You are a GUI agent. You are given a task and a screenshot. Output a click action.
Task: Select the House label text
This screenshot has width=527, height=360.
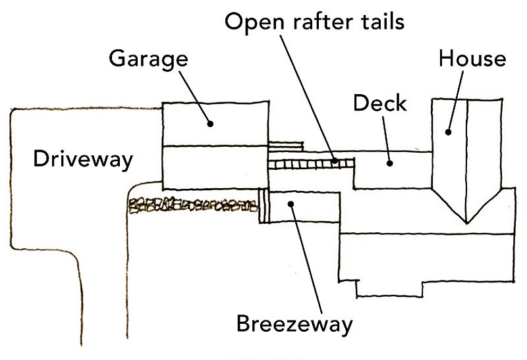pyautogui.click(x=472, y=59)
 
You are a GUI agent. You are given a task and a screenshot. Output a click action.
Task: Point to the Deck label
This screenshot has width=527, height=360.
pyautogui.click(x=379, y=103)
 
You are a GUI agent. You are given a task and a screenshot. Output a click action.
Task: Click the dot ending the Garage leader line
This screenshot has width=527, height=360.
pyautogui.click(x=211, y=123)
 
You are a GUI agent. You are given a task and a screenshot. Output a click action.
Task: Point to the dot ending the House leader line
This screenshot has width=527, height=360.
pyautogui.click(x=448, y=131)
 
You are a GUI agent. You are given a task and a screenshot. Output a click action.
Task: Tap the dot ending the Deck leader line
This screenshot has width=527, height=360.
pyautogui.click(x=390, y=162)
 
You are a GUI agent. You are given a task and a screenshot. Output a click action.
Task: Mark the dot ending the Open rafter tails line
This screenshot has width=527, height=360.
pyautogui.click(x=335, y=160)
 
